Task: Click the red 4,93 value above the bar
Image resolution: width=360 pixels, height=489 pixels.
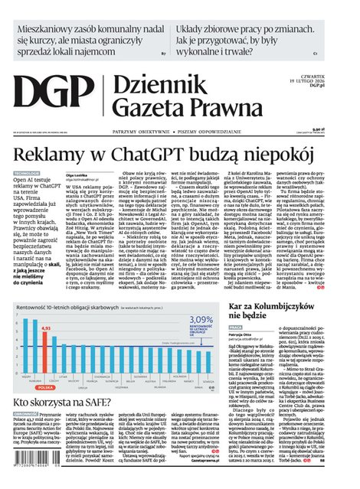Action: pyautogui.click(x=45, y=328)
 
